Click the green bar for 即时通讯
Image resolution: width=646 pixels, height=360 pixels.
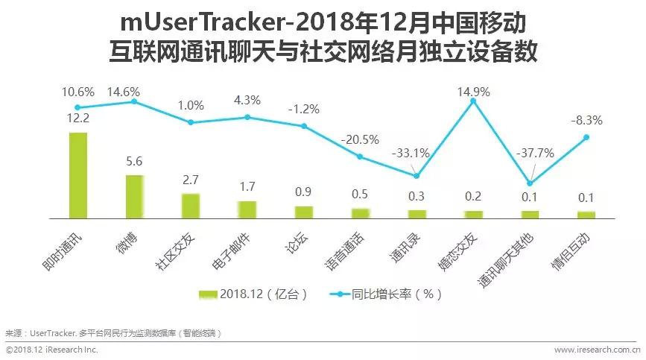pos(77,175)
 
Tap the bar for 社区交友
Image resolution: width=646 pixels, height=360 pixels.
pos(191,206)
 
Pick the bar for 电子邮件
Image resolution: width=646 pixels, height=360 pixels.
pos(247,209)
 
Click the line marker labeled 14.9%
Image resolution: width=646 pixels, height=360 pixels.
pos(473,101)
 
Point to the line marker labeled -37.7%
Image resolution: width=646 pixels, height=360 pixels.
pos(530,183)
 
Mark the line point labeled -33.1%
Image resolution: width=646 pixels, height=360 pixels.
pos(417,176)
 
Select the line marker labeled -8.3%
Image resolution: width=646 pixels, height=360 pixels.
pos(586,137)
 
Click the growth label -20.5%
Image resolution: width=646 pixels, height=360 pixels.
pos(360,139)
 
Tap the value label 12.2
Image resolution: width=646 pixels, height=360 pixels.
pos(77,117)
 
